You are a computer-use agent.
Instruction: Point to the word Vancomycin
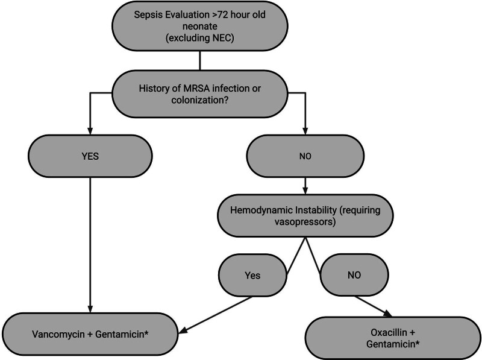pyautogui.click(x=60, y=333)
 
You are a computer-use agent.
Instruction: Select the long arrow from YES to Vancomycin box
pyautogui.click(x=90, y=241)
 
